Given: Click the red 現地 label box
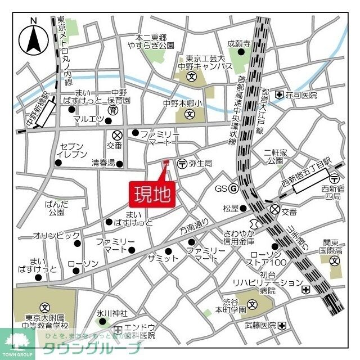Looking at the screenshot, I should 153,195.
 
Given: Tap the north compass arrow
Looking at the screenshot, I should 34,38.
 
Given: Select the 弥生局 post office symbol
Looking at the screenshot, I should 182,164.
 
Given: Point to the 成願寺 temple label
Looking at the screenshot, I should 238,43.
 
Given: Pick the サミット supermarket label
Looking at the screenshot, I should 163,258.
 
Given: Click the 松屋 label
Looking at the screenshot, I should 231,208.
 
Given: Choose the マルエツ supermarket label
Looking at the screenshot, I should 89,119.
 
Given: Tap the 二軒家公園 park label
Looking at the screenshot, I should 276,156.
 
